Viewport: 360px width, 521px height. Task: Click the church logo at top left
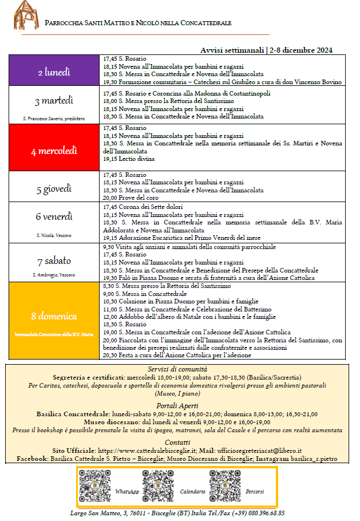coord(24,15)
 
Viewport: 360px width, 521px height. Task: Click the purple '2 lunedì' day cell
coord(54,72)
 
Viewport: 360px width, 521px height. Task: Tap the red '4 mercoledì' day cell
coord(54,151)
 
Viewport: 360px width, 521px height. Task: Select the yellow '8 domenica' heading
coord(54,315)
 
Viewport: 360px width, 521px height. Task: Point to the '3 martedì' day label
coord(54,101)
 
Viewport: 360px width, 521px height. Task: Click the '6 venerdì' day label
coord(54,217)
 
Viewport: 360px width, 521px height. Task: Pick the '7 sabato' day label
coord(54,261)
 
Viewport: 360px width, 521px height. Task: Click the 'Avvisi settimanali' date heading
coord(267,50)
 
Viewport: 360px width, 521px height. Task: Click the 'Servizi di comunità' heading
coord(177,370)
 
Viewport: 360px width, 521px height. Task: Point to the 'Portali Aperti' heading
coord(177,405)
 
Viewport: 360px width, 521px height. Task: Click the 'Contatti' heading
coord(177,442)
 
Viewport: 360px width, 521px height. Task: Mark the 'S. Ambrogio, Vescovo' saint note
coord(54,275)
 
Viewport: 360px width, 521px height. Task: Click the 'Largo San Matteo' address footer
coord(177,513)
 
